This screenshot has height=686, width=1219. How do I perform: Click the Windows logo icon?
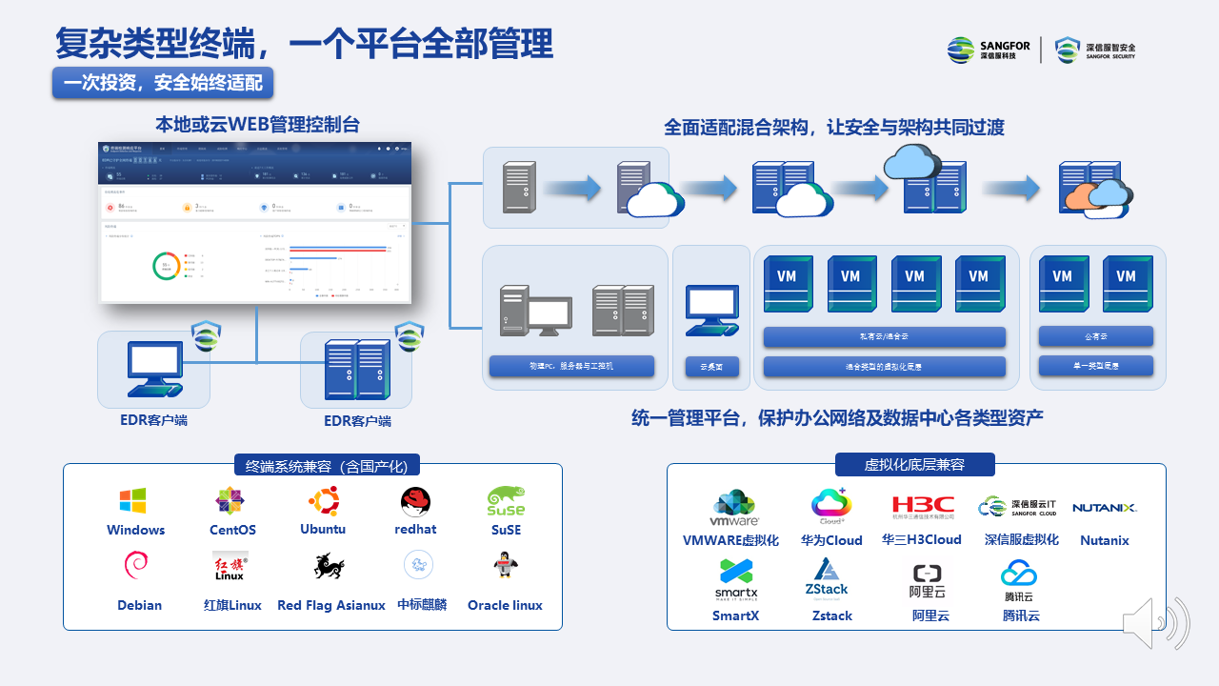(132, 501)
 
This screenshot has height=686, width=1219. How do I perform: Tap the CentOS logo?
(230, 501)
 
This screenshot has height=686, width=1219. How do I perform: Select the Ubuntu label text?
(323, 529)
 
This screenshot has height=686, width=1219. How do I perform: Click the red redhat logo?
(415, 501)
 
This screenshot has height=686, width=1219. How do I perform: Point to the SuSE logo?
(506, 501)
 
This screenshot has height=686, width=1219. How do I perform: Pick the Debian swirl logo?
(136, 566)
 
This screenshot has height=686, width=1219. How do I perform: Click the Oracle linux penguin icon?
(505, 567)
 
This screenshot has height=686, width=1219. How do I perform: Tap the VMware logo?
(734, 509)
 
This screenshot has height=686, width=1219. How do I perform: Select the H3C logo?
(922, 507)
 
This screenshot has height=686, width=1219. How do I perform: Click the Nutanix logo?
(1105, 508)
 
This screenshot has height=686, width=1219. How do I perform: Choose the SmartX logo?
(736, 578)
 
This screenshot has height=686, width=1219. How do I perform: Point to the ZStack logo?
(827, 577)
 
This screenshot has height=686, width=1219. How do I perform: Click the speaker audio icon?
(1155, 623)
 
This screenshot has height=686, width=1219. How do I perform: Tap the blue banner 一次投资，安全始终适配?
(163, 83)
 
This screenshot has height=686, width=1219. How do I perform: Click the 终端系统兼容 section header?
(327, 466)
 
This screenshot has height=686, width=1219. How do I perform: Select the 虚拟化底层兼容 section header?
(914, 465)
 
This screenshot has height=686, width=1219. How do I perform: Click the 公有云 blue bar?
(1095, 336)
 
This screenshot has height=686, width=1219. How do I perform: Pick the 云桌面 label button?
(711, 366)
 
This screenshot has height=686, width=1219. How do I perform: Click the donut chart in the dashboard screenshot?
(166, 267)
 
